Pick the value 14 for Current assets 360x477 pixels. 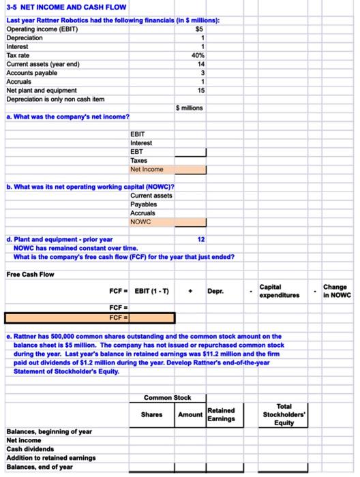200,64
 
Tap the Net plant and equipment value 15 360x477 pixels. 200,90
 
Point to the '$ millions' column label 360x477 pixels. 190,108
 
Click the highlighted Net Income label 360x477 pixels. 147,169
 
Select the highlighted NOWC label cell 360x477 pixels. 141,221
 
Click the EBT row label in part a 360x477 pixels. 137,152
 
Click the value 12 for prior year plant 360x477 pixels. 200,239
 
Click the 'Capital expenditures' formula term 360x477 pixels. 280,291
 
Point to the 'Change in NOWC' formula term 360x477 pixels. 337,291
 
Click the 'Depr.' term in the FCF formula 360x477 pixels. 215,292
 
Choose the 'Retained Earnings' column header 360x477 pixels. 221,414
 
